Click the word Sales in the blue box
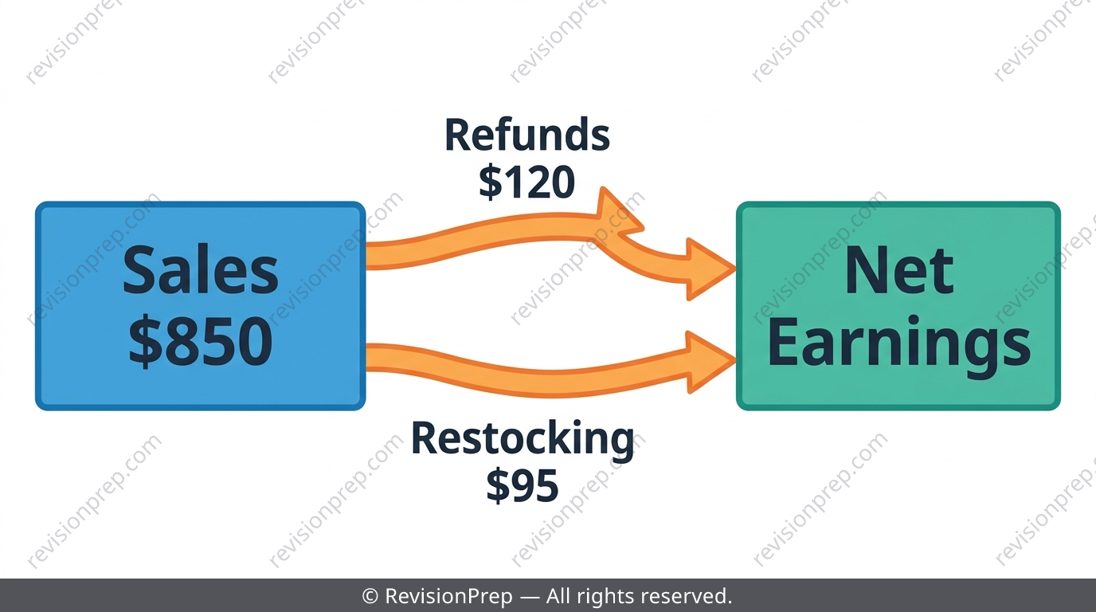[x=201, y=270]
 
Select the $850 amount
[x=201, y=340]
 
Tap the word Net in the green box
[x=898, y=270]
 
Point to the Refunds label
[x=527, y=135]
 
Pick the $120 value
[x=527, y=182]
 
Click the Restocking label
[x=523, y=440]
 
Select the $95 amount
[x=523, y=485]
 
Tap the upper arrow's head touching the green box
[x=710, y=269]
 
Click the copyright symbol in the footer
[x=370, y=596]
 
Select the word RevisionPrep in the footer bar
[x=448, y=596]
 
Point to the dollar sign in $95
[x=498, y=485]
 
